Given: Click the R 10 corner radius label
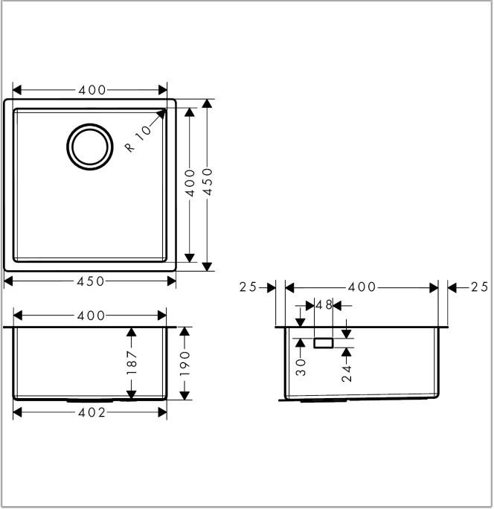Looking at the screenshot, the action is click(x=138, y=138).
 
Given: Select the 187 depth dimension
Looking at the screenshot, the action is click(x=132, y=362).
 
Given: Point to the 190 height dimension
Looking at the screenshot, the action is click(x=185, y=363).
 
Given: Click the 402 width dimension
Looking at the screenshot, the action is click(x=92, y=412).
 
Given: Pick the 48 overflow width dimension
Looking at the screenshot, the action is click(x=324, y=305).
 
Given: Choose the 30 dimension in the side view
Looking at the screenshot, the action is click(x=301, y=367).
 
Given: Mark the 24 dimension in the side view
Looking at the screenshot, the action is click(x=347, y=374).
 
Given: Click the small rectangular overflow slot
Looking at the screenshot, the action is click(x=324, y=343).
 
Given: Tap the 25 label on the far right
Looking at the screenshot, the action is click(x=479, y=287).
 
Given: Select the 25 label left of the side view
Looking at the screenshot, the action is click(x=248, y=287).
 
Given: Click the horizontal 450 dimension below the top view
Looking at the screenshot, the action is click(x=91, y=281).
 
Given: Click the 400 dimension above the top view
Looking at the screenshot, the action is click(x=92, y=90).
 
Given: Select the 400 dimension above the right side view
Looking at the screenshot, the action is click(x=362, y=287).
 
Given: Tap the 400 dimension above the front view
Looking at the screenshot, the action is click(x=92, y=316).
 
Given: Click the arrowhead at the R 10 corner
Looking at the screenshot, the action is click(x=161, y=114).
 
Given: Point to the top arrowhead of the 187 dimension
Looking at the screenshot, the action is click(x=131, y=332).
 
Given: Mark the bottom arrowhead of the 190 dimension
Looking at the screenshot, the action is click(x=185, y=395).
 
